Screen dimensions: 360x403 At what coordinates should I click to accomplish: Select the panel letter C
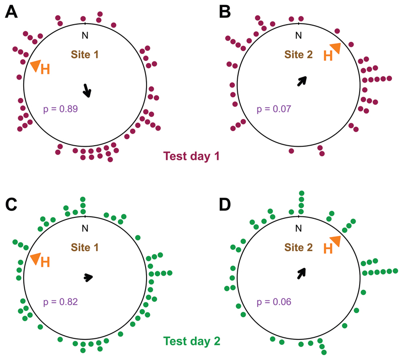[12, 205]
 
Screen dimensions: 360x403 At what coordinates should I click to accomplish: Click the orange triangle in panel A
[34, 65]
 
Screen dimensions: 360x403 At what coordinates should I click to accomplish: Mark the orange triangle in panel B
[336, 48]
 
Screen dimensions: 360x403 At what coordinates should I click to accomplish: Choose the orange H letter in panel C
[45, 262]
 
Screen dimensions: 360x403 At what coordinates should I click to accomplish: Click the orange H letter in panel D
[327, 249]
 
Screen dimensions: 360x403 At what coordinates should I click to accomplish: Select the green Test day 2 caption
[191, 341]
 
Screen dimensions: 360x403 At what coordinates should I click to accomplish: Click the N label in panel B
[298, 35]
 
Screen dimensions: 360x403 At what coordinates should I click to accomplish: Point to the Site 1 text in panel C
[85, 248]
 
